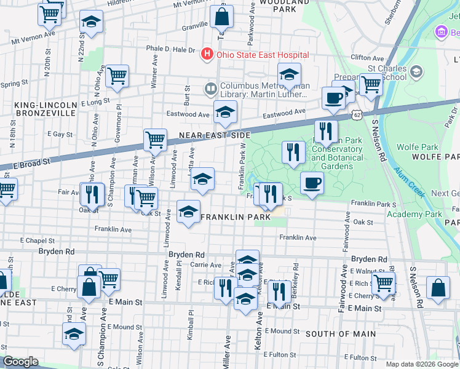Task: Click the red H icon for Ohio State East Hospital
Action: tap(207, 55)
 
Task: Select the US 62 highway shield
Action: tap(357, 114)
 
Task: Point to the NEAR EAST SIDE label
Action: tap(215, 135)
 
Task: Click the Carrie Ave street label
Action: tap(205, 264)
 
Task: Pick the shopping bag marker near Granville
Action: tap(222, 16)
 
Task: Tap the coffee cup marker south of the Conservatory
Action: tap(312, 183)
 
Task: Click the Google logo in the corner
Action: tap(21, 362)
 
